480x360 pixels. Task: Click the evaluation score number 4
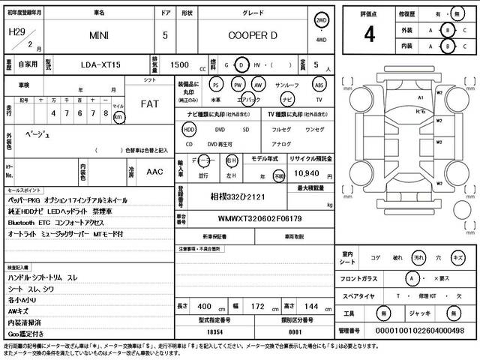(369, 34)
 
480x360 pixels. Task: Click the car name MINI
(99, 35)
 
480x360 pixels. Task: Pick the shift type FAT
(149, 105)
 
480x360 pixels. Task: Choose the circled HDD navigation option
(189, 129)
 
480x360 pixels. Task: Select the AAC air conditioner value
(154, 171)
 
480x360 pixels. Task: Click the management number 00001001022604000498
(412, 331)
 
